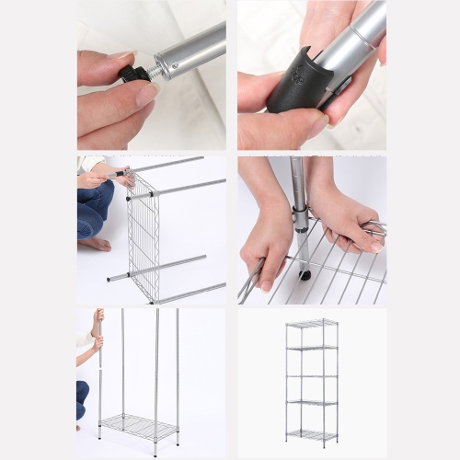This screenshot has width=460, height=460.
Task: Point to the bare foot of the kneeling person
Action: click(96, 244)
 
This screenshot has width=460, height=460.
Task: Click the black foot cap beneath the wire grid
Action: click(305, 274)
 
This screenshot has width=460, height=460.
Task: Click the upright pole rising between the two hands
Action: click(298, 184)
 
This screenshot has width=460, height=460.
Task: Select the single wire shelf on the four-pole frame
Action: click(139, 426)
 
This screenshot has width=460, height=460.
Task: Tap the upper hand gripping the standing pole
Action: click(98, 318)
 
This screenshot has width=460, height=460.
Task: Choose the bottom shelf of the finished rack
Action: click(311, 432)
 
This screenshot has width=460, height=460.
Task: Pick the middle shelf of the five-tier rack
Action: click(311, 375)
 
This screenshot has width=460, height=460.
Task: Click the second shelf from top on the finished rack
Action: click(311, 348)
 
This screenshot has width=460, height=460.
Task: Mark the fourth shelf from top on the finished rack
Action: click(311, 403)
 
